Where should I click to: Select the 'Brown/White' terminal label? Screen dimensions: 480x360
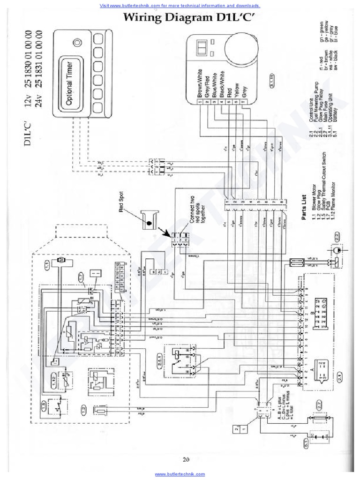pos(200,84)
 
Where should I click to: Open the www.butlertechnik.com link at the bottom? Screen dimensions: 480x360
pos(180,474)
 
